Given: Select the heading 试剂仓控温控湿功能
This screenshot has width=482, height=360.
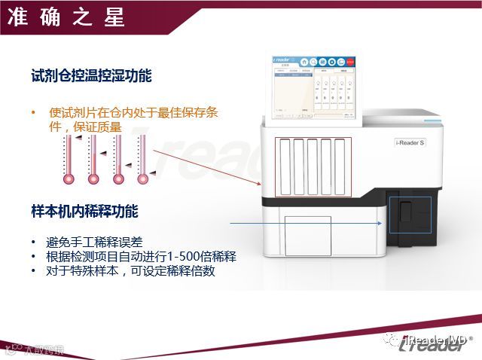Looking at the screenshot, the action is (92, 76).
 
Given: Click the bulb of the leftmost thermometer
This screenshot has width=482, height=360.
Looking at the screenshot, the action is (69, 179).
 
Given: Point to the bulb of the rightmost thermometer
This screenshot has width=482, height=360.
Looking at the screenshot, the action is (143, 179).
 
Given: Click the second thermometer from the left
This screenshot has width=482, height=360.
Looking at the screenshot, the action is (93, 160).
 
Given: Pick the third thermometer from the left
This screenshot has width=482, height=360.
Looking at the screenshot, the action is (118, 160).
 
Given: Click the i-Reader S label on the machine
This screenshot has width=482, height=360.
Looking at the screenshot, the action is (410, 143).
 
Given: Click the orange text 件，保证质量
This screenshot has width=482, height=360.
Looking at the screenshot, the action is (84, 127).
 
